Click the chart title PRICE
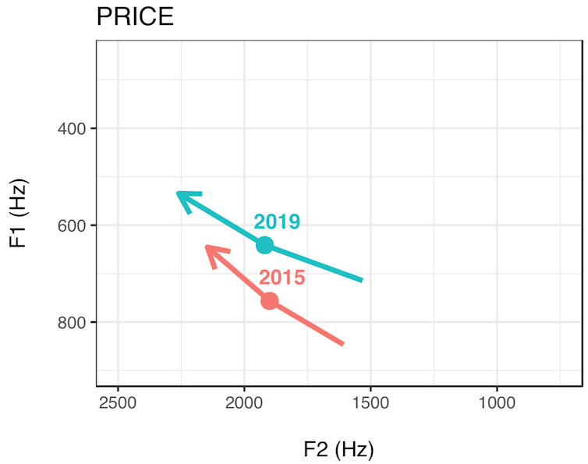[x=135, y=17]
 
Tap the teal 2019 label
[x=277, y=222]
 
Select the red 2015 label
[x=282, y=278]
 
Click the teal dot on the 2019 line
[x=265, y=245]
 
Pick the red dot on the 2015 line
[x=270, y=300]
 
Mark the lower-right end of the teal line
[x=360, y=279]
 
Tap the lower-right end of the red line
[x=342, y=343]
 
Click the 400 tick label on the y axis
[x=73, y=129]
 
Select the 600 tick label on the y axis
[x=73, y=226]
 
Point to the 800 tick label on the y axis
[x=73, y=323]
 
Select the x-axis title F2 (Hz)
[x=339, y=450]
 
